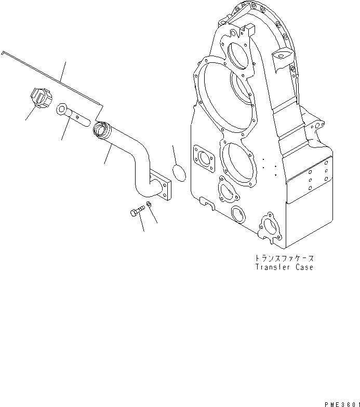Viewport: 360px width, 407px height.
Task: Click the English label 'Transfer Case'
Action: [x=284, y=268]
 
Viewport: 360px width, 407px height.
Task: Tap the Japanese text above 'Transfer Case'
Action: [x=284, y=258]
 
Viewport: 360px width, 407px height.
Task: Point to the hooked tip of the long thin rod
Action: [x=4, y=52]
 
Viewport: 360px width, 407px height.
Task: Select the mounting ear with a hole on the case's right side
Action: [x=316, y=127]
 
